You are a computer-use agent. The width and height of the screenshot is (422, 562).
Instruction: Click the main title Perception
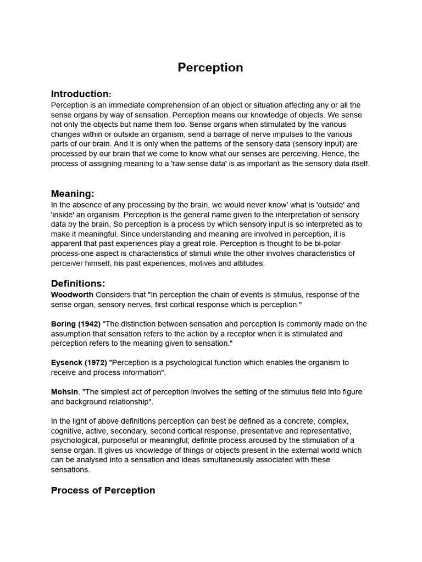(x=210, y=68)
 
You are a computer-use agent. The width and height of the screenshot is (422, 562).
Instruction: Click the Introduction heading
(x=80, y=94)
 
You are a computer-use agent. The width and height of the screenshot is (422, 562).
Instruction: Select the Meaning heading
(x=73, y=194)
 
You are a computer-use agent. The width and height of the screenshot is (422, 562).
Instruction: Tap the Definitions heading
(x=77, y=284)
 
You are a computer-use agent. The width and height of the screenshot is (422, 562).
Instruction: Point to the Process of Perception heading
(x=103, y=490)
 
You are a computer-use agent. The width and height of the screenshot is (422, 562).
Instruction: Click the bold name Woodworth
(x=72, y=295)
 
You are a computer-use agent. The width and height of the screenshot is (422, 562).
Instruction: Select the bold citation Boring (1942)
(x=76, y=324)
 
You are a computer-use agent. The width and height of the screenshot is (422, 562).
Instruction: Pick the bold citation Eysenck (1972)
(x=79, y=363)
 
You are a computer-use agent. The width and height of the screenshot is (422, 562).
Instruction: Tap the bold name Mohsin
(x=64, y=392)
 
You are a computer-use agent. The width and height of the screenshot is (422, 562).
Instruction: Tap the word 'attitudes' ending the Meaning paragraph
(x=247, y=263)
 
